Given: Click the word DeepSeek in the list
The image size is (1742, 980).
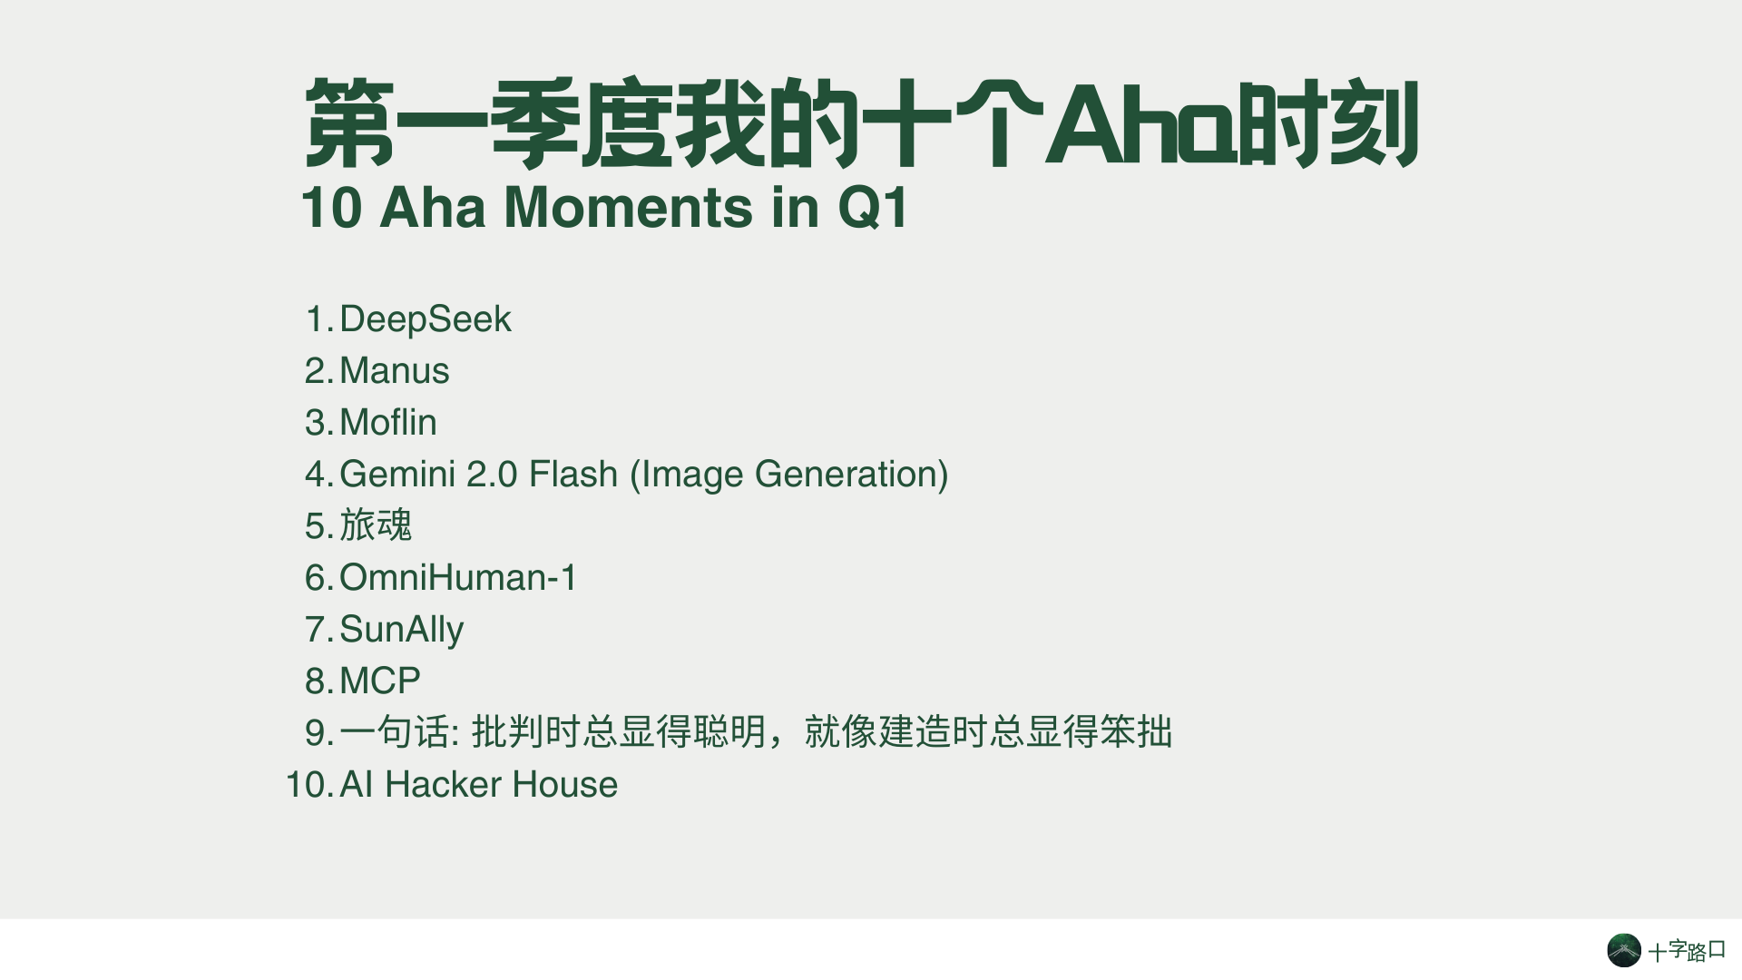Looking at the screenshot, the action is [425, 320].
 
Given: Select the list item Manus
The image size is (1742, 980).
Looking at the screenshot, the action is [395, 371].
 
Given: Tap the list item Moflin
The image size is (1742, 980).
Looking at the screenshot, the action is [388, 423].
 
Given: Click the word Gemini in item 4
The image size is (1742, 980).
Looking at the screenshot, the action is [397, 475].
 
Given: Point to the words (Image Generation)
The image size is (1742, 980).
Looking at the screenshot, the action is [788, 475].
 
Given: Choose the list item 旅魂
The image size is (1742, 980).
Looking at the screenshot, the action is [376, 525].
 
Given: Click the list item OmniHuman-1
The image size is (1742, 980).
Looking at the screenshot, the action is [458, 578].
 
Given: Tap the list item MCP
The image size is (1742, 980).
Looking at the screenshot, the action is [380, 681].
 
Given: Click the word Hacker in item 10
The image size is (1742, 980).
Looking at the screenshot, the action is [443, 785].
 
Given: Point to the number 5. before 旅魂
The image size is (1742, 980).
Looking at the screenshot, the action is [319, 526].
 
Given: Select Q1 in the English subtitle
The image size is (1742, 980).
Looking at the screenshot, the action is [873, 208].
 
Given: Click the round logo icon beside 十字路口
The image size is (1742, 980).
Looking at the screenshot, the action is [1624, 950].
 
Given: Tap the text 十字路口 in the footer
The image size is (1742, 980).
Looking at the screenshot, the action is [1687, 951].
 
